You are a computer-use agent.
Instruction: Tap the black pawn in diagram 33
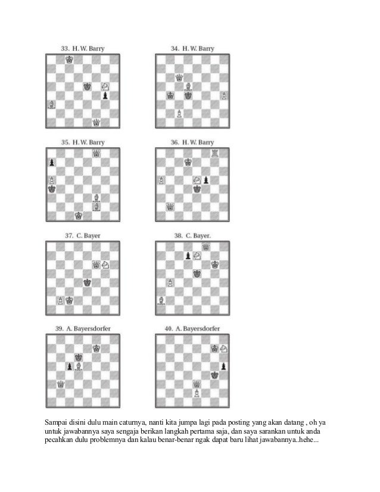click(x=105, y=95)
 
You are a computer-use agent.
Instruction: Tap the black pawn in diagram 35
click(x=51, y=162)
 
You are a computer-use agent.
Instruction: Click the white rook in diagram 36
click(x=215, y=153)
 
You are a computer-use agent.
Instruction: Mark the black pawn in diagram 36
click(x=206, y=179)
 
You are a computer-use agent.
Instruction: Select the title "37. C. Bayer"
click(x=83, y=235)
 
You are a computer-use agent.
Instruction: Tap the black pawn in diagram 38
click(x=188, y=256)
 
